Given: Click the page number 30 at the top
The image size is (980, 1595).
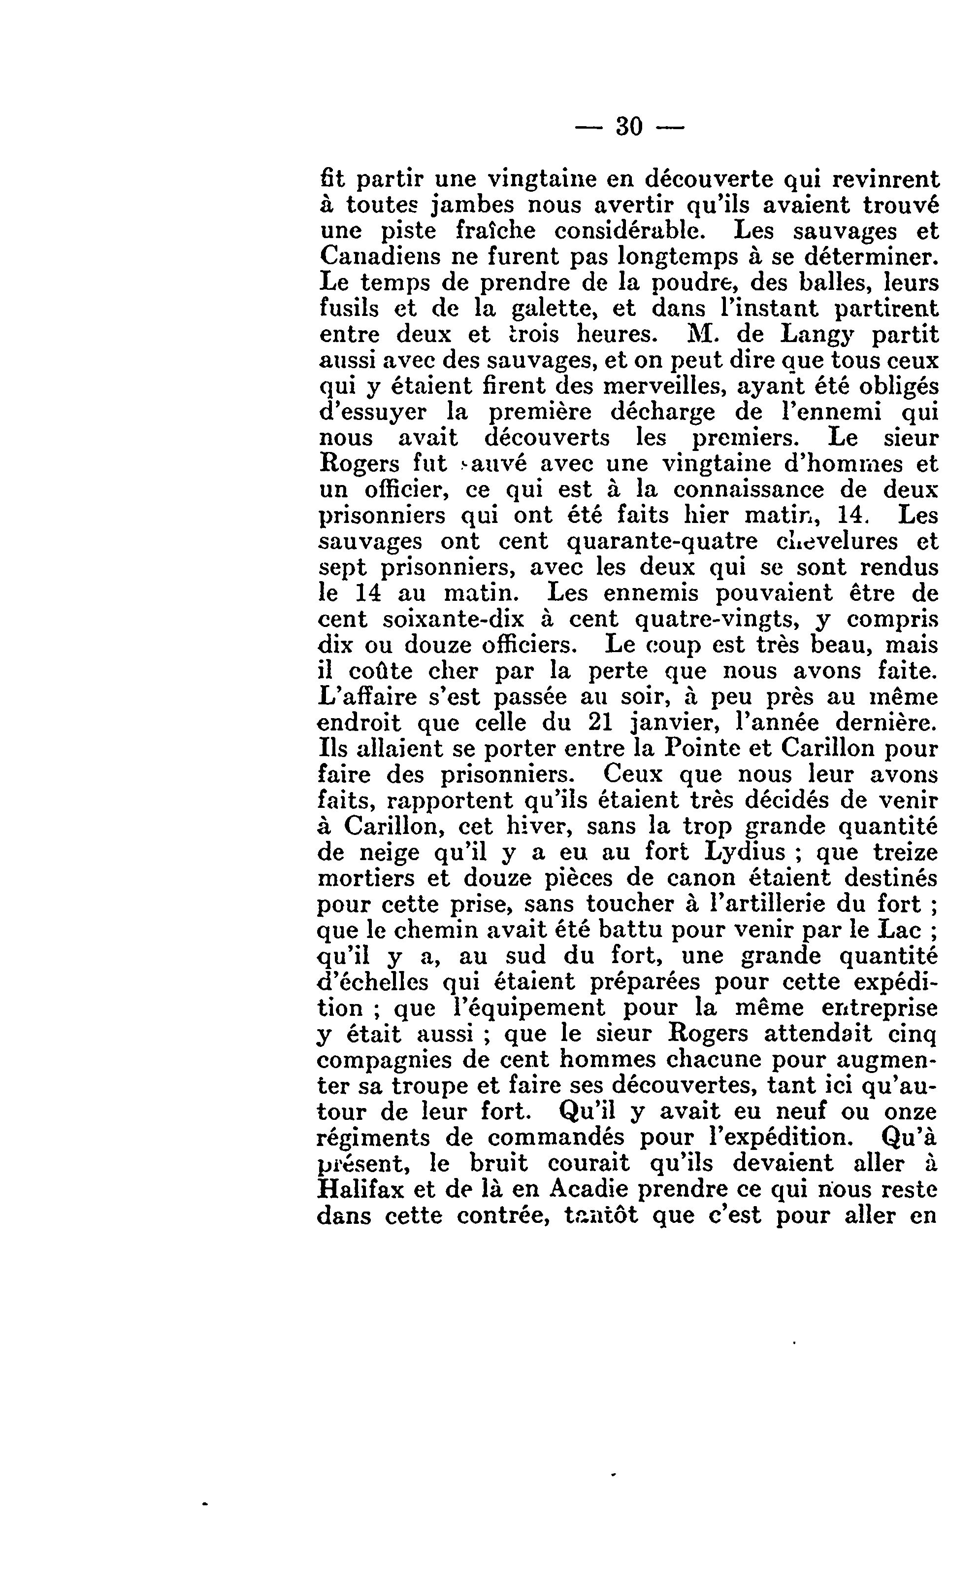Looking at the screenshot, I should coord(629,126).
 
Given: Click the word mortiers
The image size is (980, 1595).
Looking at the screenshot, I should coord(366,878).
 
